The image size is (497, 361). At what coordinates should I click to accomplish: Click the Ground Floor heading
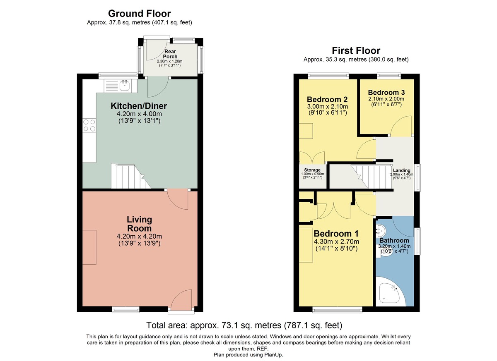[x=139, y=14]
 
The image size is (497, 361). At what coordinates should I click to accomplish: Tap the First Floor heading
[x=356, y=50]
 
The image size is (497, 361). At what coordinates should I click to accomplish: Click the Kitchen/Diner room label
[x=139, y=106]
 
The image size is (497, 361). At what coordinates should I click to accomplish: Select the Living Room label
[x=139, y=224]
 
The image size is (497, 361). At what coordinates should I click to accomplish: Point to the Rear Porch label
[x=170, y=54]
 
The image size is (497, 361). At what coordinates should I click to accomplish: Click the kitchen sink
[x=124, y=86]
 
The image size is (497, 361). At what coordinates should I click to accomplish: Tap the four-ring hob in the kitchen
[x=89, y=125]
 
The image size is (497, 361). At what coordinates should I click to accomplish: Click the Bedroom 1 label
[x=336, y=234]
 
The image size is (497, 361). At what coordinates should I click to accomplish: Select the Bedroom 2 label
[x=327, y=100]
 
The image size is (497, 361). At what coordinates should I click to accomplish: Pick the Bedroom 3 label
[x=386, y=92]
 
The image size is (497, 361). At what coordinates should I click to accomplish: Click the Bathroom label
[x=394, y=240]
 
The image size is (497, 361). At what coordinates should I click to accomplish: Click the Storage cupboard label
[x=312, y=170]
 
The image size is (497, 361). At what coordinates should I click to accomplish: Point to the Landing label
[x=401, y=170]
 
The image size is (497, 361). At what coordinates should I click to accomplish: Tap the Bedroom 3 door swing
[x=402, y=127]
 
